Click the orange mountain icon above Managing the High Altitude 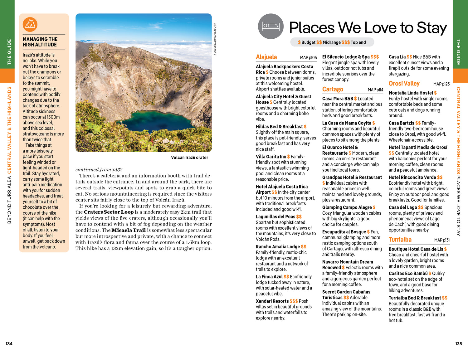pos(30,25)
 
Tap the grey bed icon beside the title pos(271,27)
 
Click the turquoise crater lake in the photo pos(155,122)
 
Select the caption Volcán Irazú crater pos(189,158)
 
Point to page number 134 pos(9,343)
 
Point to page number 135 pos(458,343)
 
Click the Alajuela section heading pos(266,57)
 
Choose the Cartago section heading pos(333,89)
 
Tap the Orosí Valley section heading pos(404,84)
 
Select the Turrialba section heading pos(400,240)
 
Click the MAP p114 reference pos(375,90)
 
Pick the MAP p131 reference pos(442,240)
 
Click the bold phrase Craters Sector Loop pos(109,212)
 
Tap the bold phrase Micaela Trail pos(129,230)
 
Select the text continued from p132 pos(99,170)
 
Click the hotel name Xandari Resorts pos(272,301)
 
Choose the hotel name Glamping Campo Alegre pos(347,207)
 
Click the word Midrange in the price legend pos(331,42)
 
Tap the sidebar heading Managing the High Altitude pos(40,42)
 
